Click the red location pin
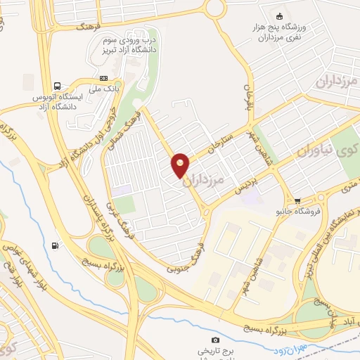tap(180, 165)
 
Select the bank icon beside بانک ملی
tap(104, 78)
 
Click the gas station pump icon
tap(55, 245)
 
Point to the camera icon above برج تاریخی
tap(214, 340)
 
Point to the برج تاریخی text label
tap(214, 350)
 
